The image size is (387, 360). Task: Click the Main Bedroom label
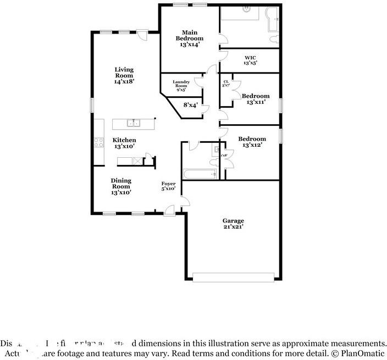(x=189, y=38)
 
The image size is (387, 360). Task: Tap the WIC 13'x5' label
(x=250, y=60)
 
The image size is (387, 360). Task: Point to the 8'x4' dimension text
(x=190, y=104)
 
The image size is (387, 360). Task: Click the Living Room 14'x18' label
(x=124, y=75)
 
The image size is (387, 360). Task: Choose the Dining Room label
(x=121, y=186)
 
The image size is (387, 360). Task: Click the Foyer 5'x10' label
(x=168, y=186)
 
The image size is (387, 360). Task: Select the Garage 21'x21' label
(x=233, y=223)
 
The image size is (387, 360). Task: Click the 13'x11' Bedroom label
(x=256, y=99)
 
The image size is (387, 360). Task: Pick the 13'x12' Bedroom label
(x=252, y=142)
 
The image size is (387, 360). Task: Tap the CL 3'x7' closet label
(x=225, y=84)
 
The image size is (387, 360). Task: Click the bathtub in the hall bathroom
(x=200, y=174)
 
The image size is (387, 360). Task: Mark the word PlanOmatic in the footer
(x=363, y=351)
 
